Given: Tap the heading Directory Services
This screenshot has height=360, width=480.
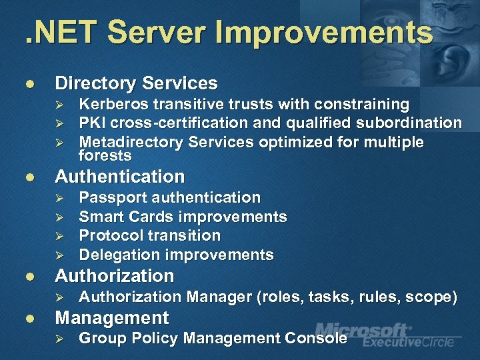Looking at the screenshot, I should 136,83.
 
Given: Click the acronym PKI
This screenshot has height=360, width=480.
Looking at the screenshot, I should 90,123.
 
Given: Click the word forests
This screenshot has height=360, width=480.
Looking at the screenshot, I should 105,156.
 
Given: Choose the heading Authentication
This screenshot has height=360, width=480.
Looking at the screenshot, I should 119,177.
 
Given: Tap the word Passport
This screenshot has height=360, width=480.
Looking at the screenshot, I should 113,198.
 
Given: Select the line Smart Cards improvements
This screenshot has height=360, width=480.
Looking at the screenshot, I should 183,217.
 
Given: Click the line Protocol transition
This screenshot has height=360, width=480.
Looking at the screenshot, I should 149,235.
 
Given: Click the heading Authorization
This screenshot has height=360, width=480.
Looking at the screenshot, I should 114,276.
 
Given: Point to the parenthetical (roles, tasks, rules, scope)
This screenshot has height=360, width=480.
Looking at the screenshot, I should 357,297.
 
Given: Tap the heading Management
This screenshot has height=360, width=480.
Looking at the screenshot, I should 111,317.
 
